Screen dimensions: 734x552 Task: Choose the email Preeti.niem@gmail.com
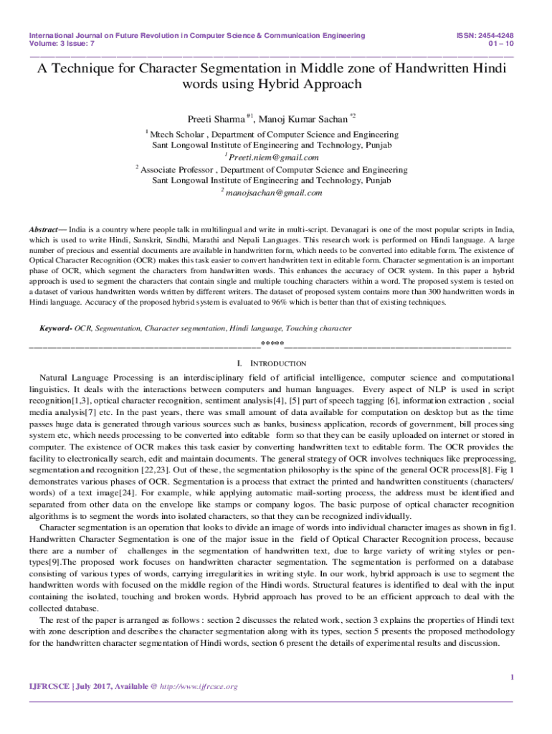[x=273, y=157]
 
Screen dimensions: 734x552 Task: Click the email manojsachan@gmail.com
[x=274, y=192]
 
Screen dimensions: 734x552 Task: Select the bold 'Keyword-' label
[x=55, y=328]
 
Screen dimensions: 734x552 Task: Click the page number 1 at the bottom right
[x=511, y=677]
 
